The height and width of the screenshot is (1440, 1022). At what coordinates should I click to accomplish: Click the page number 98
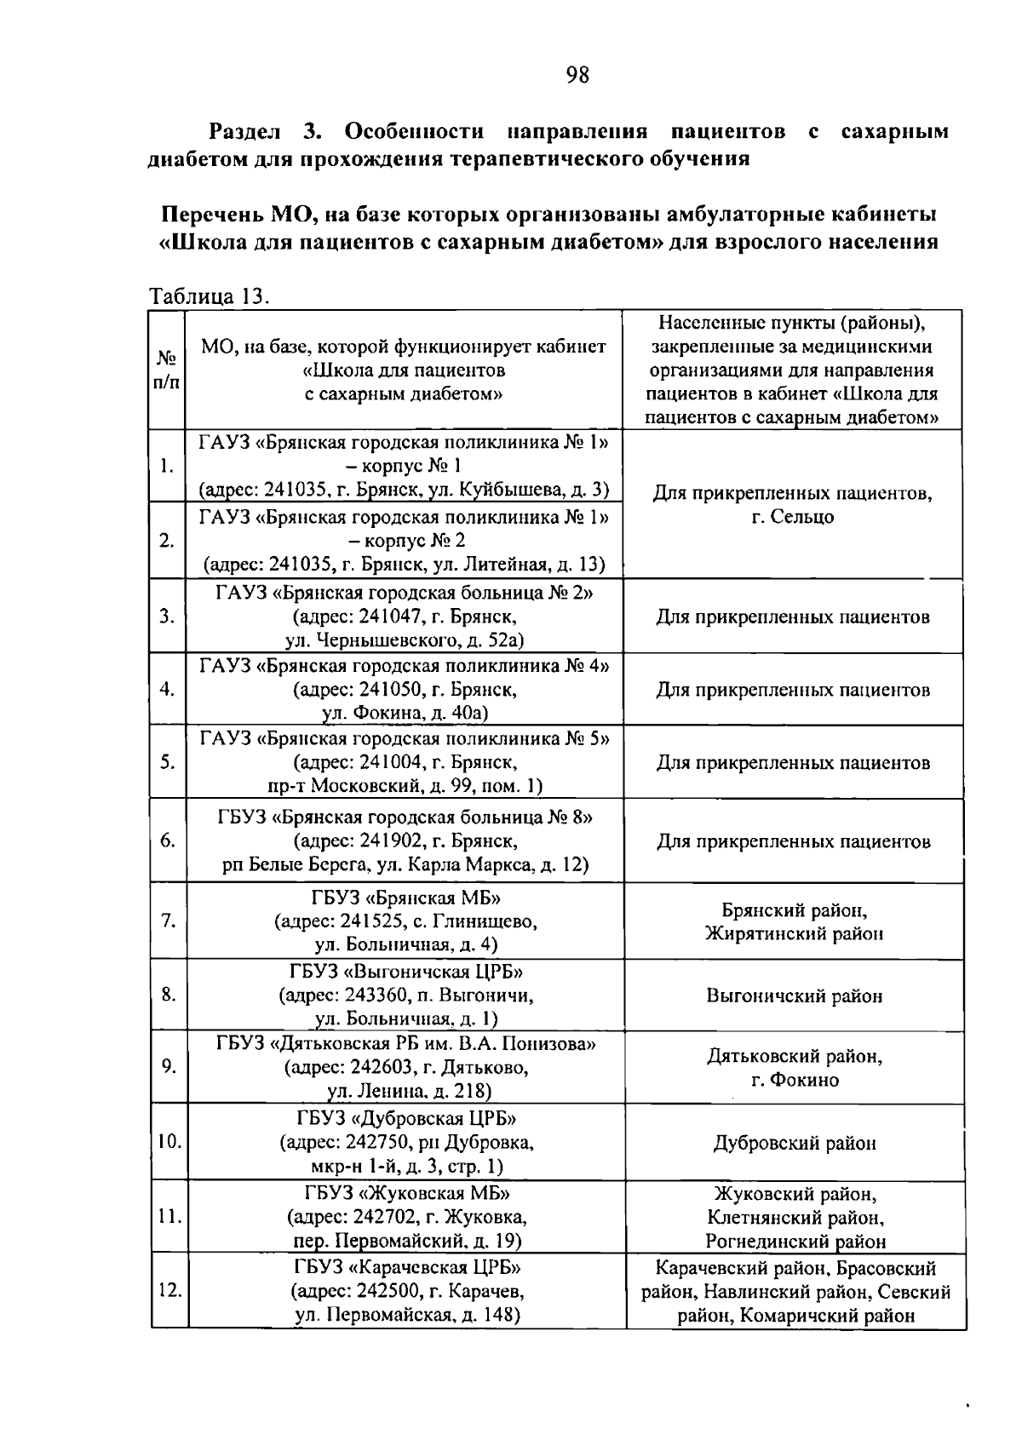(x=577, y=76)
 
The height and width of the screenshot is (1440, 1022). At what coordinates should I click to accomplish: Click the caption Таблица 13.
(x=210, y=297)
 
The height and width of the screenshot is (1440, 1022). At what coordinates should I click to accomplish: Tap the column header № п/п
(x=167, y=370)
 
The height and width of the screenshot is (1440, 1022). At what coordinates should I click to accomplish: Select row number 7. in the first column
(x=168, y=921)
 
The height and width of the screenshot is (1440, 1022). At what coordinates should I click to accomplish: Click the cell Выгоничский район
(x=794, y=995)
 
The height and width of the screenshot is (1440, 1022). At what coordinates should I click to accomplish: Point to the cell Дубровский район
(x=794, y=1143)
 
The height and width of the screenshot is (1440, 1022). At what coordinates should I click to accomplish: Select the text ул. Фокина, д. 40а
(x=405, y=713)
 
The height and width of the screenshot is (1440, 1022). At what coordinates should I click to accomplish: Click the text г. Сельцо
(x=793, y=517)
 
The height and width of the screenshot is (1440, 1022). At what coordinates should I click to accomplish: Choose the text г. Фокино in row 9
(x=794, y=1080)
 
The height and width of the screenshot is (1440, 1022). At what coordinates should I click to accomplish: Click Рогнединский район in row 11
(x=795, y=1242)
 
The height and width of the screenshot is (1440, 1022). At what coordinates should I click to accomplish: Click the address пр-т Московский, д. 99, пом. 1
(x=405, y=786)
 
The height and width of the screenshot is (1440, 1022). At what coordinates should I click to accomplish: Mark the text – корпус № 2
(x=405, y=541)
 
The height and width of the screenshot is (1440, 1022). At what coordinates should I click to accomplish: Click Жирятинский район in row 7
(x=794, y=933)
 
